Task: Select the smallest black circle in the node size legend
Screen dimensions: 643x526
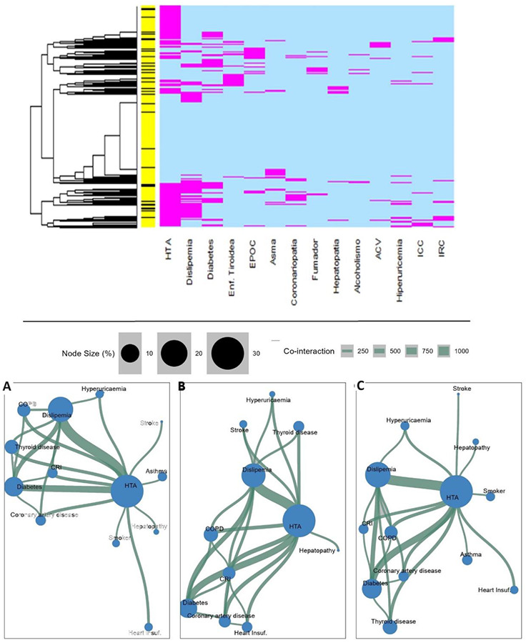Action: point(130,353)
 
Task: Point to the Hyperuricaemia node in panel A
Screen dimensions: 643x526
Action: point(100,394)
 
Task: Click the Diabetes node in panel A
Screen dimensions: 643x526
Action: point(13,487)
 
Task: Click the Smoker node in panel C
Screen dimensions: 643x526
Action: point(491,497)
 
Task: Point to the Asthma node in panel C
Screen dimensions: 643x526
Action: point(467,560)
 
